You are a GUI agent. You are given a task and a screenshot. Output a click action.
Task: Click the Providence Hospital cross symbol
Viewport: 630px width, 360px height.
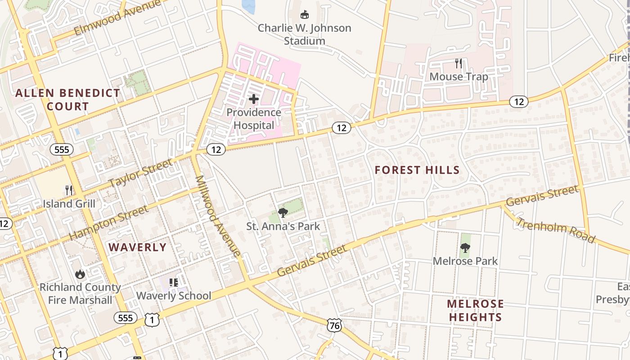pyautogui.click(x=254, y=99)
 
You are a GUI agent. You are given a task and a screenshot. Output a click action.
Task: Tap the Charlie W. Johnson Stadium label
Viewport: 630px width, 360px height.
pyautogui.click(x=304, y=34)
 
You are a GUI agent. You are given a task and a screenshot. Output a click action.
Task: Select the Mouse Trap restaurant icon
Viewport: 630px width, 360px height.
pyautogui.click(x=459, y=63)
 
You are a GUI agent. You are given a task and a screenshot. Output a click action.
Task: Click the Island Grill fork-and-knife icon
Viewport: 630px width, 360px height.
pyautogui.click(x=69, y=190)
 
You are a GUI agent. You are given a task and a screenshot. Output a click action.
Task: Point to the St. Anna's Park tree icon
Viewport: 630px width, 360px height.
pyautogui.click(x=283, y=212)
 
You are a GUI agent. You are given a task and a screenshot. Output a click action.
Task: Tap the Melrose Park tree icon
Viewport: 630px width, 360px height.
pyautogui.click(x=465, y=247)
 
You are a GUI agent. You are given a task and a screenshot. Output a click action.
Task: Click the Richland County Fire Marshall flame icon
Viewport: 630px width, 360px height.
pyautogui.click(x=80, y=274)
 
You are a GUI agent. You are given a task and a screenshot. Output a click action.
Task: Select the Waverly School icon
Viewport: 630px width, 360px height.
pyautogui.click(x=174, y=283)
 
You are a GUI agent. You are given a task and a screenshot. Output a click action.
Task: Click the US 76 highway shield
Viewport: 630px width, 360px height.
pyautogui.click(x=334, y=325)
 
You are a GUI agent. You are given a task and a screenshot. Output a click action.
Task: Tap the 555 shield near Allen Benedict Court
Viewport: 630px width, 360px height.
pyautogui.click(x=62, y=149)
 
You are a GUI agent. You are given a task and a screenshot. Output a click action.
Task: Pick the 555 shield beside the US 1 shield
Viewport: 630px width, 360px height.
pyautogui.click(x=125, y=318)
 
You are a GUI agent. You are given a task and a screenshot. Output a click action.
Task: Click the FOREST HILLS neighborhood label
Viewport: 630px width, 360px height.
pyautogui.click(x=417, y=170)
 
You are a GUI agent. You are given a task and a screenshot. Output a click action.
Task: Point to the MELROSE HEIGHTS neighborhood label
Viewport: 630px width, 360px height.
pyautogui.click(x=475, y=310)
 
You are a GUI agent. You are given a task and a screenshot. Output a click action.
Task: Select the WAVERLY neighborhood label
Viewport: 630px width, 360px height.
pyautogui.click(x=138, y=247)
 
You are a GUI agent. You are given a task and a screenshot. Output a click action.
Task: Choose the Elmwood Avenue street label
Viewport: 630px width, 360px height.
pyautogui.click(x=117, y=18)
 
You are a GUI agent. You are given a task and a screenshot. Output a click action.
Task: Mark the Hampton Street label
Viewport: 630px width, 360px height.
pyautogui.click(x=109, y=223)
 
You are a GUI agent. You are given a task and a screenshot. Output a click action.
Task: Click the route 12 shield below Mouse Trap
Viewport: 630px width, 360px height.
pyautogui.click(x=519, y=102)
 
